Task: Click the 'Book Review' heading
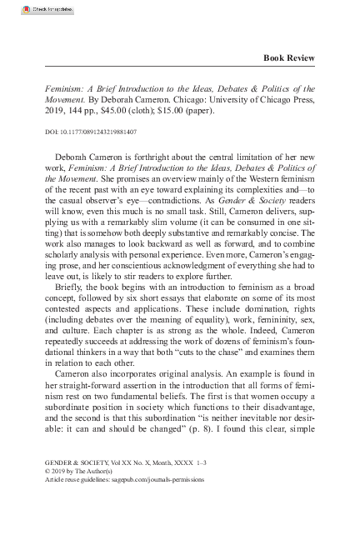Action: pyautogui.click(x=288, y=57)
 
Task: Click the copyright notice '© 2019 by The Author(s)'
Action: pyautogui.click(x=82, y=470)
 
